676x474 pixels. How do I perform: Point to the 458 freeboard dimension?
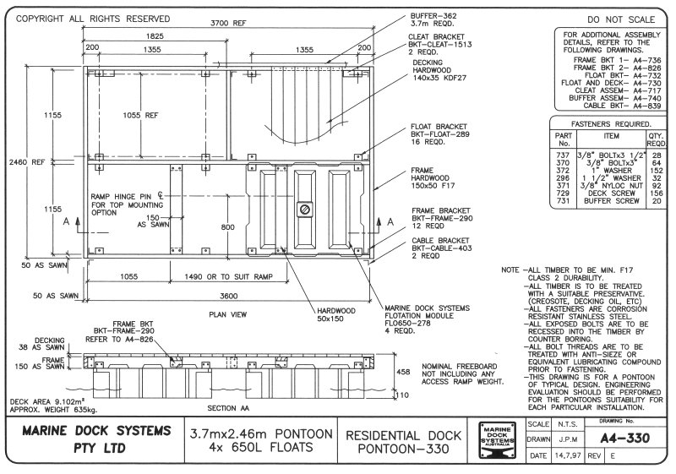(403, 371)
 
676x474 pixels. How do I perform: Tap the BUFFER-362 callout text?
(432, 16)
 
